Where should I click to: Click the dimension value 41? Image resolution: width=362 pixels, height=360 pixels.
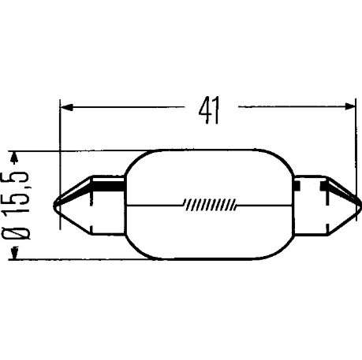click(x=209, y=110)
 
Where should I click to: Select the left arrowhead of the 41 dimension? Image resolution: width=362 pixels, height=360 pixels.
click(x=66, y=107)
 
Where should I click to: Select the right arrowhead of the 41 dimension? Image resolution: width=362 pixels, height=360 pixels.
click(x=350, y=106)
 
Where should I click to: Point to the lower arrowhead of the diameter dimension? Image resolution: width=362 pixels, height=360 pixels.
click(x=15, y=253)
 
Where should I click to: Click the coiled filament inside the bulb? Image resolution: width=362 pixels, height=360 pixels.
click(x=211, y=204)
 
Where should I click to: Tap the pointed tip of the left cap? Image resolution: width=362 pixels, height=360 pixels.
click(x=54, y=205)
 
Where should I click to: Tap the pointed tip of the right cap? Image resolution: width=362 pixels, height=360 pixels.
click(x=360, y=205)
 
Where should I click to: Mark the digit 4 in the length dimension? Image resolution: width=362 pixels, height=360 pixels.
click(x=204, y=110)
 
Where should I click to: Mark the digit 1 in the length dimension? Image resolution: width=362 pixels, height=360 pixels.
click(x=215, y=110)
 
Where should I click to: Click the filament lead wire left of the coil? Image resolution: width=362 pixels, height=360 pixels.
click(x=155, y=205)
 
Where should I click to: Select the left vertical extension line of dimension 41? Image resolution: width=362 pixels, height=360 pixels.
click(x=60, y=164)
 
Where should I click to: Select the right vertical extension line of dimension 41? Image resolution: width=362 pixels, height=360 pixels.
click(x=356, y=160)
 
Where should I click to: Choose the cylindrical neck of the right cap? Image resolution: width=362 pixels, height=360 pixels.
click(x=311, y=205)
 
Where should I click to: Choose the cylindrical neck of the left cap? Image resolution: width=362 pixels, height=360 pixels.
click(x=108, y=206)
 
